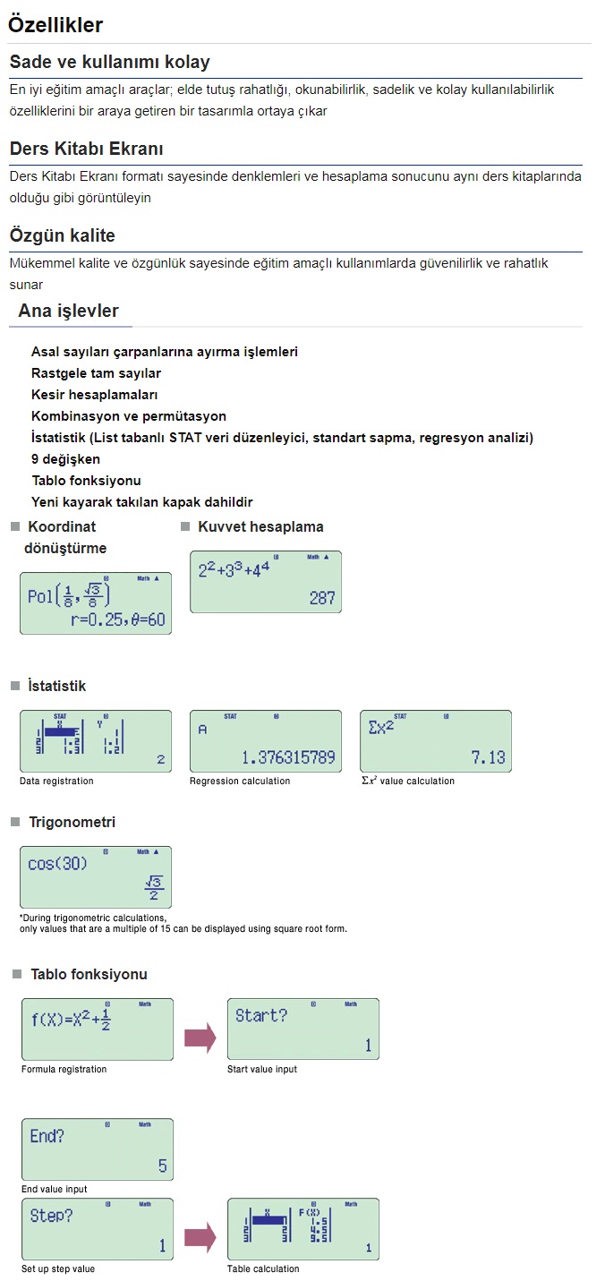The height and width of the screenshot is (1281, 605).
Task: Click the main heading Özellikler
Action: tap(55, 25)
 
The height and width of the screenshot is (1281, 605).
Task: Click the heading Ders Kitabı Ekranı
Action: tap(86, 149)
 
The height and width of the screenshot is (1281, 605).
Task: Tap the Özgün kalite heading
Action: tap(63, 235)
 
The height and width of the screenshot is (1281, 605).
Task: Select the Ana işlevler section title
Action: tap(69, 312)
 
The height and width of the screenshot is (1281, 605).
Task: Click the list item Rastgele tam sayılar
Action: tap(96, 373)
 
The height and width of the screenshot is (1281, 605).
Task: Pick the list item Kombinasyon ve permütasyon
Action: tap(129, 416)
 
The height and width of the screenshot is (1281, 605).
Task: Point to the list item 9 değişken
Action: tap(65, 459)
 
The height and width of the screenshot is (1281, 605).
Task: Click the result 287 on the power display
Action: tap(322, 598)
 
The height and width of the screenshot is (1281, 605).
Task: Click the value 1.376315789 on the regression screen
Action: tap(288, 758)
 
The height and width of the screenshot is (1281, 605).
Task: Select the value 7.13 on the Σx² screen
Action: tap(489, 758)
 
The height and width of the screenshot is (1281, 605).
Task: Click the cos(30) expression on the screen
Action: tap(56, 865)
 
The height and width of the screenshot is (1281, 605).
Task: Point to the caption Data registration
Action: tap(56, 781)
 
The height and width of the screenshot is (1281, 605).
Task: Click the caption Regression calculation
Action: tap(240, 781)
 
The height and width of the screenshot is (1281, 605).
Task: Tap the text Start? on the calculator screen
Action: tap(261, 1016)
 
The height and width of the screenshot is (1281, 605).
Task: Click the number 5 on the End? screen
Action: tap(162, 1166)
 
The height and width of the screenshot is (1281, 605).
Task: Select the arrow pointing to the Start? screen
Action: tap(200, 1038)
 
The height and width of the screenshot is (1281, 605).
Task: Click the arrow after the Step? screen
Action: tap(200, 1238)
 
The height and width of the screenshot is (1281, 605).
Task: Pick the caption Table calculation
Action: tap(263, 1268)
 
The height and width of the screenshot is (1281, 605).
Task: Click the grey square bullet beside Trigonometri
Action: tap(15, 822)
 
